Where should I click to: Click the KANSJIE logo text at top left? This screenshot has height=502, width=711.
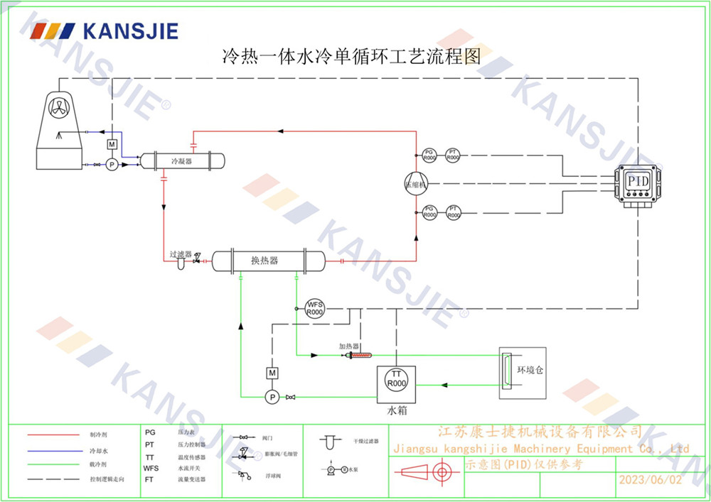click(131, 31)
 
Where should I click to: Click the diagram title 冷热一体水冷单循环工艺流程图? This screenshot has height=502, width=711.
click(353, 56)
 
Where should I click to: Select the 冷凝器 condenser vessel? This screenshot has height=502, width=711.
click(182, 161)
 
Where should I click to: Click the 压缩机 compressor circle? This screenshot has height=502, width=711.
click(415, 184)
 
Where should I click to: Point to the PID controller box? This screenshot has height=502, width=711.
click(638, 182)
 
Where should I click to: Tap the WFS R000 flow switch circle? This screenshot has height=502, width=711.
click(314, 309)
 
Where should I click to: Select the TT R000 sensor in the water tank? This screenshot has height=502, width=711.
click(396, 378)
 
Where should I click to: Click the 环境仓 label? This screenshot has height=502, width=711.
click(530, 371)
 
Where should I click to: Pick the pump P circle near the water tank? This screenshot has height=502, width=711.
click(271, 396)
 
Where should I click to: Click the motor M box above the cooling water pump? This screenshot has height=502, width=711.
click(111, 145)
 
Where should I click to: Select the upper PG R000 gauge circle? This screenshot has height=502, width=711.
click(429, 154)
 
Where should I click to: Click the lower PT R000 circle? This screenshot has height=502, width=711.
click(453, 212)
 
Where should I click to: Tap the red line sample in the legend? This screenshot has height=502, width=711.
click(53, 434)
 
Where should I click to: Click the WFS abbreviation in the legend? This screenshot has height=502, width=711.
click(151, 469)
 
